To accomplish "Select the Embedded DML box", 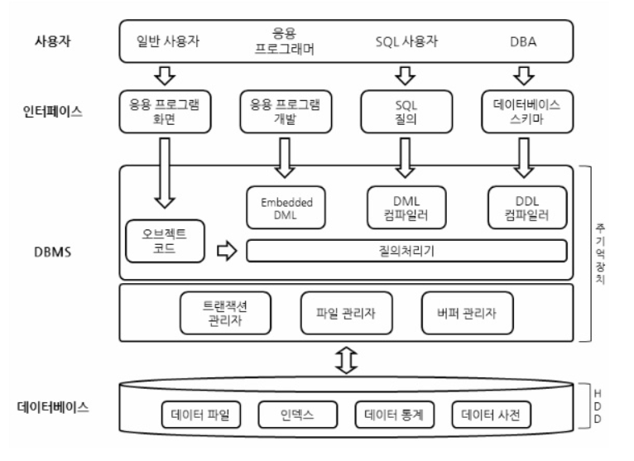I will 284,207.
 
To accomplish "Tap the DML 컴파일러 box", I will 405,207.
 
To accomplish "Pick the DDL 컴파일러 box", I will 527,207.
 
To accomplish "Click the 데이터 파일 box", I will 201,414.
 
